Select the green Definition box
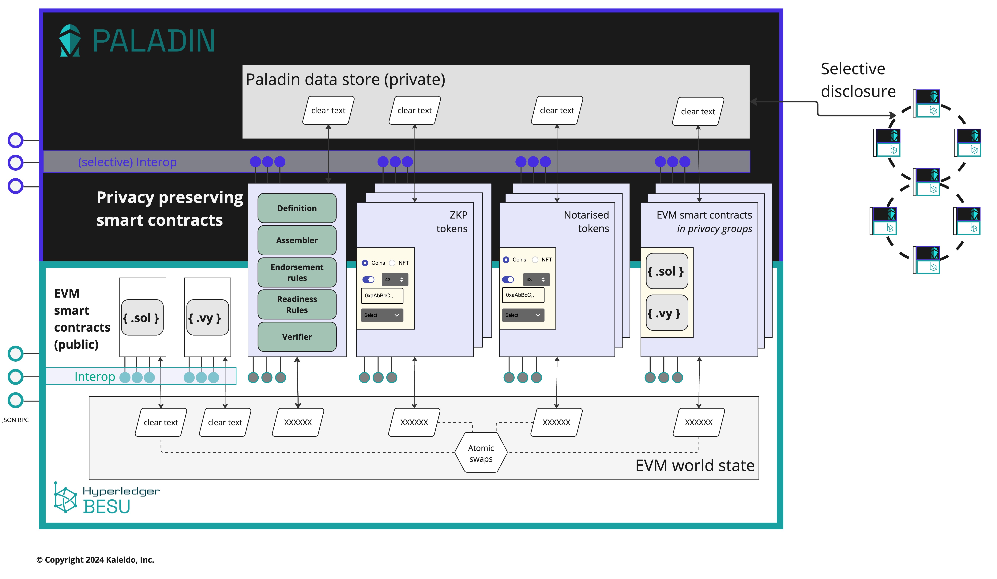297,208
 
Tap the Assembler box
297,240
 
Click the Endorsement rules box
297,272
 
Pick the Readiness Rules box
297,304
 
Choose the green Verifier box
297,337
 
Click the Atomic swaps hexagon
481,453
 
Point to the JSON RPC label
15,420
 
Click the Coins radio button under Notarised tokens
506,260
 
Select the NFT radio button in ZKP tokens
392,263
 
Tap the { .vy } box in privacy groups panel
667,314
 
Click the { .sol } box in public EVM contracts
142,318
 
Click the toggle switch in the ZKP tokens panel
368,279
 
